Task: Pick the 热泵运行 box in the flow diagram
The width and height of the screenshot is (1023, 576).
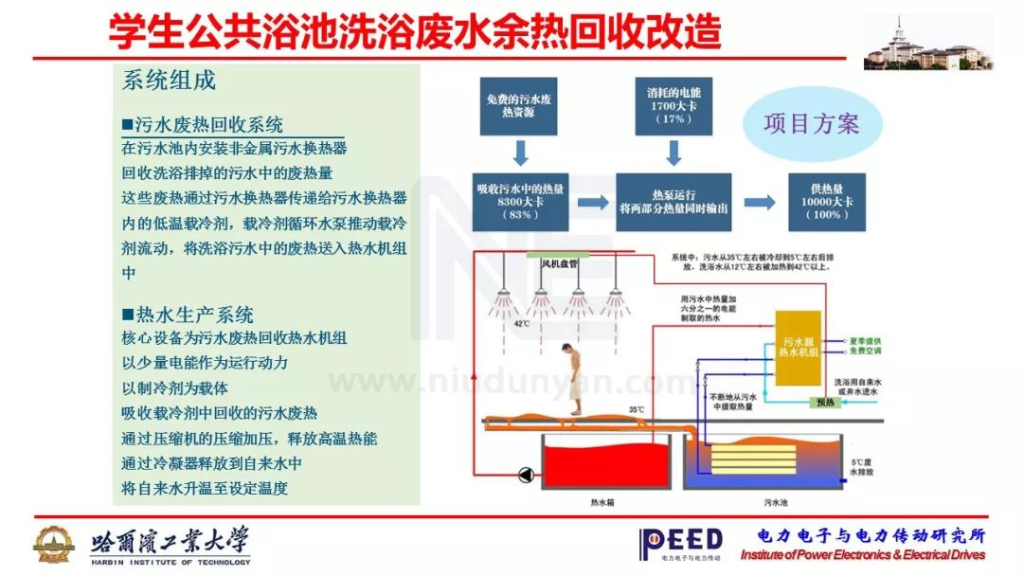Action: [x=673, y=201]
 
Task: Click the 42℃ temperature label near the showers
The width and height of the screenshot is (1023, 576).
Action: [x=522, y=323]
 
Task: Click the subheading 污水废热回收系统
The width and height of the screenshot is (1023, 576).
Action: [x=203, y=124]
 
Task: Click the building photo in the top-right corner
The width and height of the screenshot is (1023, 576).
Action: [x=927, y=43]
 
